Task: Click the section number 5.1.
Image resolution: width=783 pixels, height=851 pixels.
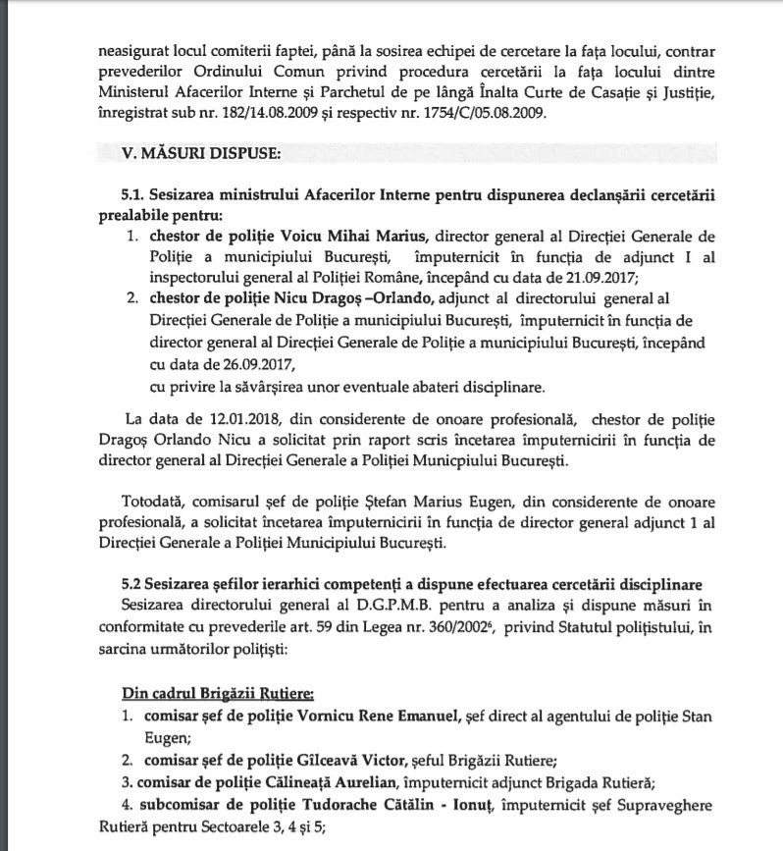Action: click(x=133, y=195)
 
